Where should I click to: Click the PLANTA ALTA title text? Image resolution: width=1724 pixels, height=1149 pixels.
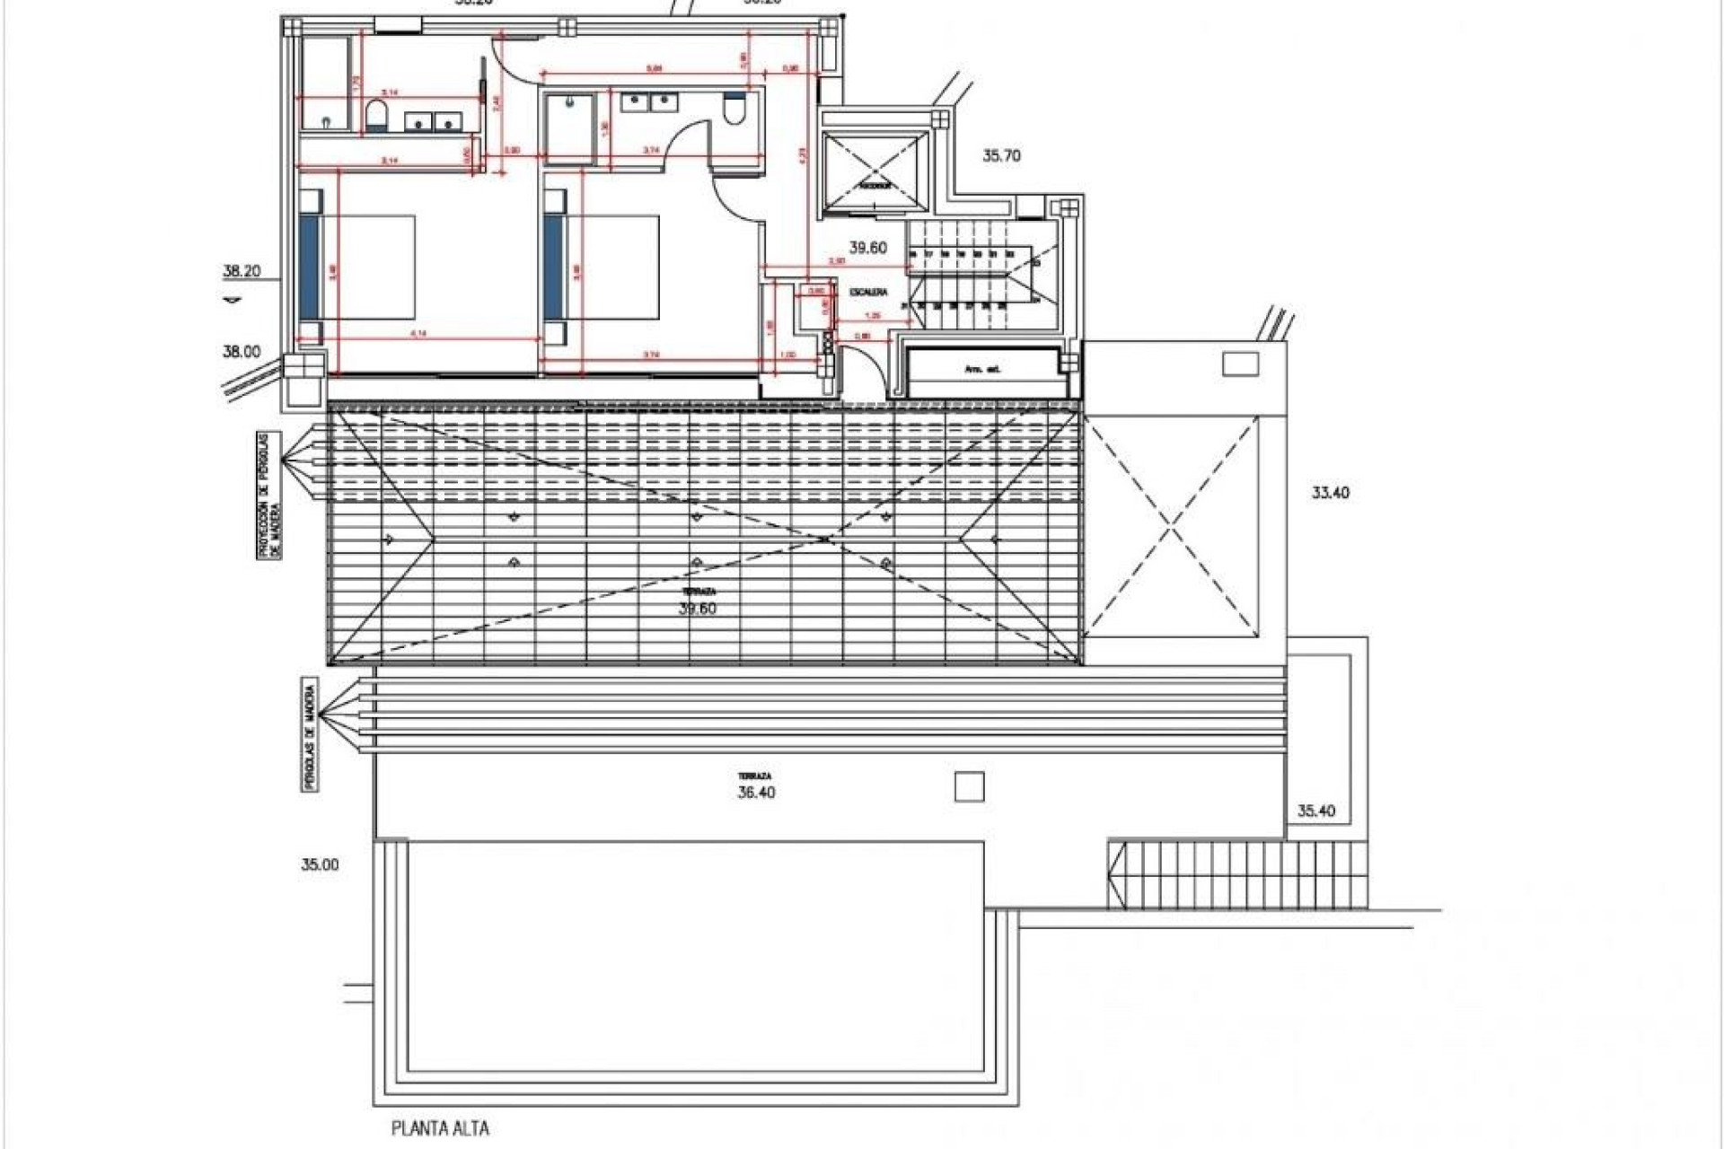(x=440, y=1128)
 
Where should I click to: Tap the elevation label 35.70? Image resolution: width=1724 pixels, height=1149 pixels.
(x=1001, y=155)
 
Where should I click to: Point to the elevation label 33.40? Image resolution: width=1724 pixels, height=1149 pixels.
(x=1331, y=493)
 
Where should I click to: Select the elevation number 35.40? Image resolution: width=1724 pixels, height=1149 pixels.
(x=1316, y=811)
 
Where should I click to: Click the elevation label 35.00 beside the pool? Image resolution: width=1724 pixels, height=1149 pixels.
(x=321, y=865)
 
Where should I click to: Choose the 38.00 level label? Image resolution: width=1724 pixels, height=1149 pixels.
(x=242, y=352)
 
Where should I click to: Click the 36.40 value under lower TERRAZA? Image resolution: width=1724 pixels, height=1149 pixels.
(x=755, y=793)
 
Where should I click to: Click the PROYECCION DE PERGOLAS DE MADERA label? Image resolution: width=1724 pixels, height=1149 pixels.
(x=268, y=496)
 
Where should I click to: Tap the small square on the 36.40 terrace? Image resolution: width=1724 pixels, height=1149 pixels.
(x=969, y=787)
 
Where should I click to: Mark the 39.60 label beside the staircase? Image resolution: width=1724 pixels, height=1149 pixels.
(x=867, y=248)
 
